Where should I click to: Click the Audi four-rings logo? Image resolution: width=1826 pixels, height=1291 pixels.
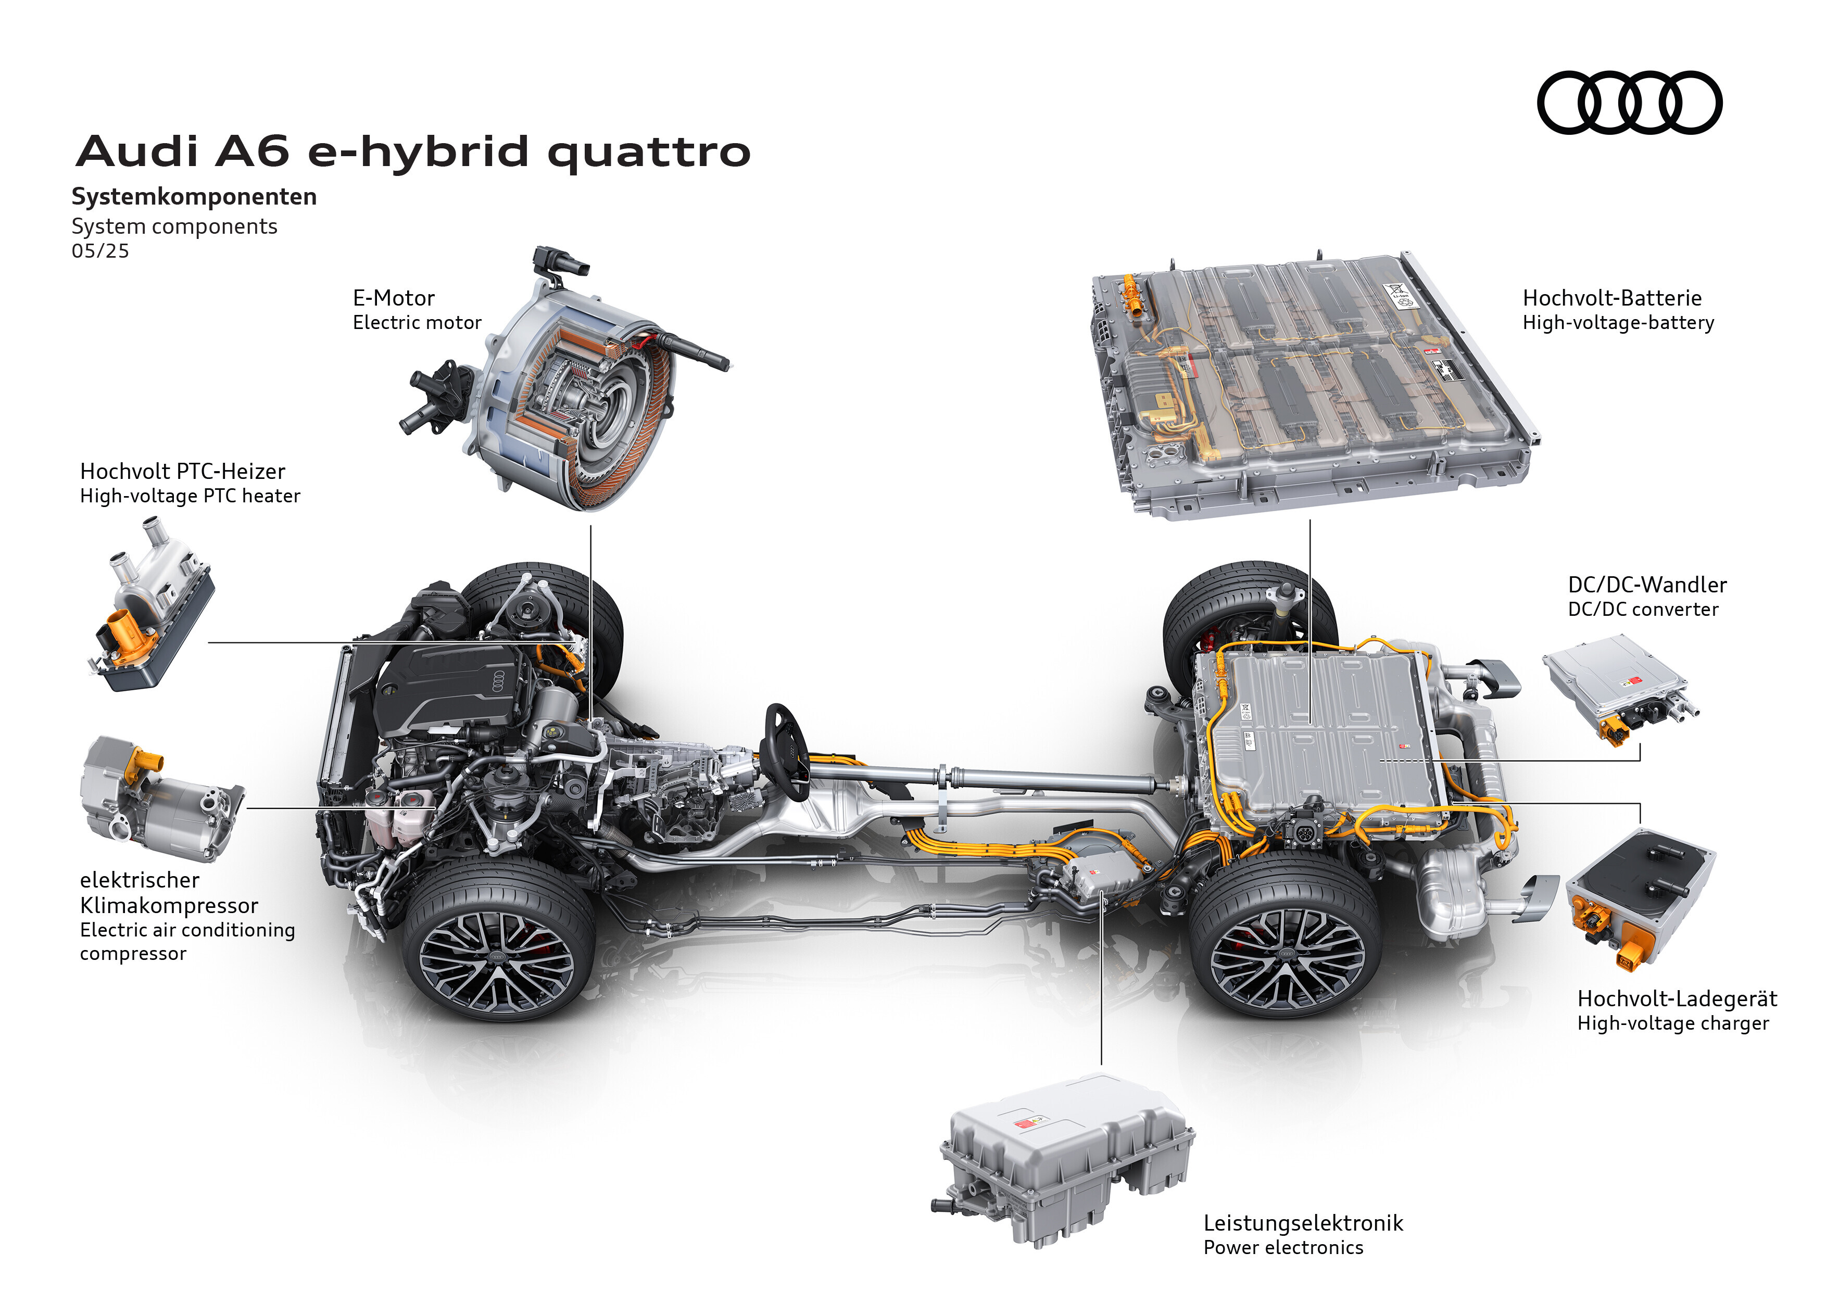click(1630, 103)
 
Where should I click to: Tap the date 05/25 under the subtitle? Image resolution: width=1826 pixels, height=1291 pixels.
click(100, 251)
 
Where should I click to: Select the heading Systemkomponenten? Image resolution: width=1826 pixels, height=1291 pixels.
click(194, 196)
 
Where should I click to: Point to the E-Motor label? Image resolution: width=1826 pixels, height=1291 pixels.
click(394, 298)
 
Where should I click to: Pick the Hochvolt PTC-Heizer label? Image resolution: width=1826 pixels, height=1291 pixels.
click(182, 472)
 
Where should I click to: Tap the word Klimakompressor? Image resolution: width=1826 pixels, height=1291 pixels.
click(169, 905)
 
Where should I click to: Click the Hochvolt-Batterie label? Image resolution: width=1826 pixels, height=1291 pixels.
click(1612, 298)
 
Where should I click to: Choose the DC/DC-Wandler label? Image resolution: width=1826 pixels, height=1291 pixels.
click(1647, 585)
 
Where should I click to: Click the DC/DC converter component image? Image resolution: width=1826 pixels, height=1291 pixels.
click(1618, 688)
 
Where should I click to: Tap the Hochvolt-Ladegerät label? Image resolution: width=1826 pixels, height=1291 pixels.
click(1677, 999)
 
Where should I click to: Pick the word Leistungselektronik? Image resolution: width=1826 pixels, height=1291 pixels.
click(1303, 1223)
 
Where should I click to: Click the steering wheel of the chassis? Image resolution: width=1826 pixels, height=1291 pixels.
click(787, 751)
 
